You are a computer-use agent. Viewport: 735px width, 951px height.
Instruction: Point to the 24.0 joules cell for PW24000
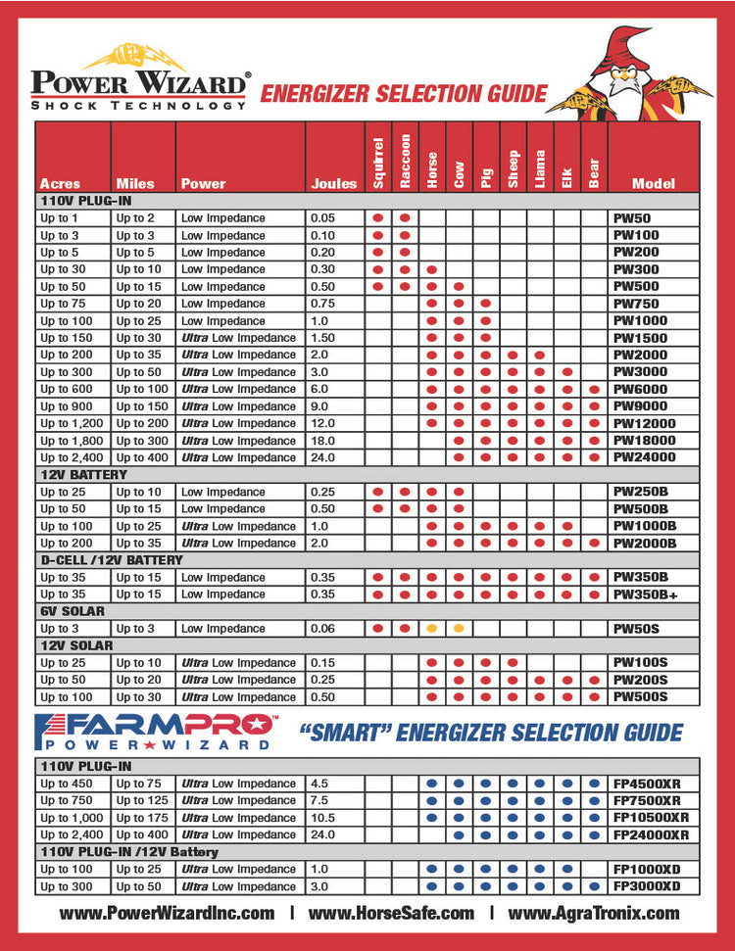tap(322, 457)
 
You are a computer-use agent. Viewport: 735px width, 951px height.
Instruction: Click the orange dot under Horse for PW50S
tap(431, 628)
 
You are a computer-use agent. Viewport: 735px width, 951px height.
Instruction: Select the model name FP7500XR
tap(650, 800)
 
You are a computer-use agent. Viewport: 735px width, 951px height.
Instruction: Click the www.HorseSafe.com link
tap(391, 913)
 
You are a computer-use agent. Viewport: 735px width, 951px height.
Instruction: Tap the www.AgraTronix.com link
tap(593, 913)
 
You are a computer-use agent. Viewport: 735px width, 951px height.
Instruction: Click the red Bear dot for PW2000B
tap(594, 543)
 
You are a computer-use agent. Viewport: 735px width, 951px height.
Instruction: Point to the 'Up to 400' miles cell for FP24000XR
tap(142, 834)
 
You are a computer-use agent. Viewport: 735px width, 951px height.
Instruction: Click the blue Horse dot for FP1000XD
tap(431, 869)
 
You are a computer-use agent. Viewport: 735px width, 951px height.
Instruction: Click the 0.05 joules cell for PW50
tap(322, 218)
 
